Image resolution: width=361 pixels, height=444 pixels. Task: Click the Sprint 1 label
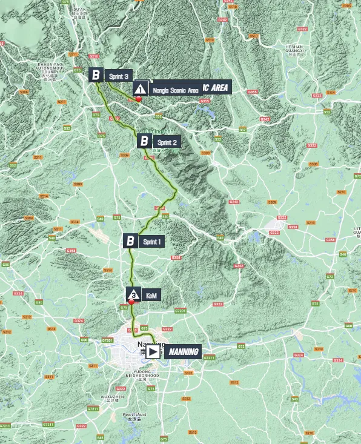152,241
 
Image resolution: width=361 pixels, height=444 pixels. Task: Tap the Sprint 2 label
167,142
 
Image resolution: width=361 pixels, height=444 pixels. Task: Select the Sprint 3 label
118,76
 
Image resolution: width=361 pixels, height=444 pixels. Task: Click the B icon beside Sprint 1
130,241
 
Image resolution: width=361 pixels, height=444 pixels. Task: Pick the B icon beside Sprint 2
144,142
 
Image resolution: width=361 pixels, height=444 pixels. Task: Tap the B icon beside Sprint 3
96,75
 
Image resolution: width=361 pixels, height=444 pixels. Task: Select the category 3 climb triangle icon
133,294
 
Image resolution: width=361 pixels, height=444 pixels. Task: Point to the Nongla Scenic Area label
176,90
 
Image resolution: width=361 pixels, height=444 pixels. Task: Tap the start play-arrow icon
153,351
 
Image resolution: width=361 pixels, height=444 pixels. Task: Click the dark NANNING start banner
183,351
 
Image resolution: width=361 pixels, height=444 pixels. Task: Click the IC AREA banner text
215,88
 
